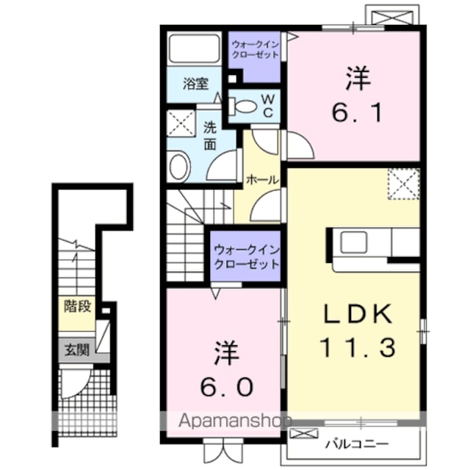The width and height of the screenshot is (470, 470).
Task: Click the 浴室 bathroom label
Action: click(x=195, y=84)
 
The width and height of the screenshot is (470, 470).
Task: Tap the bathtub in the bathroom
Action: click(x=194, y=48)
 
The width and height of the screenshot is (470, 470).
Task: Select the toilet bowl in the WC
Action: click(x=243, y=106)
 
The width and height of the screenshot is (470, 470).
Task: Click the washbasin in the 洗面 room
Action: click(x=180, y=167)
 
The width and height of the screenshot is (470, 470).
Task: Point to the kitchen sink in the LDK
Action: click(x=354, y=242)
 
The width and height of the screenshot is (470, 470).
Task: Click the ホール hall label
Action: click(x=262, y=180)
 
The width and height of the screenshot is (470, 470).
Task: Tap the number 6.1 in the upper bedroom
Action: click(x=358, y=112)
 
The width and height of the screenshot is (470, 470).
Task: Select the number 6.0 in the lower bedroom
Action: click(x=227, y=387)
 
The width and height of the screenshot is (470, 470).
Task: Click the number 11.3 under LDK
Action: click(x=357, y=347)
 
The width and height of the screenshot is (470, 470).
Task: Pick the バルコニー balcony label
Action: click(x=357, y=444)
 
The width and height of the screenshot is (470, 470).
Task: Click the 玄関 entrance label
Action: click(x=77, y=350)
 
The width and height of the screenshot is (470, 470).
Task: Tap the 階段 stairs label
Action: click(x=77, y=306)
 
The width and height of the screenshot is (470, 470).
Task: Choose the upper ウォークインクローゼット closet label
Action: click(x=255, y=50)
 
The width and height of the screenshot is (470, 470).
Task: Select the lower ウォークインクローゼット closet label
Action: click(x=247, y=257)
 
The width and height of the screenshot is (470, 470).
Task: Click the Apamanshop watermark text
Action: click(x=234, y=421)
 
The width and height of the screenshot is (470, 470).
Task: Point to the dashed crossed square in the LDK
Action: click(x=404, y=184)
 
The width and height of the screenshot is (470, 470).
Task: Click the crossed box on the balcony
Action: click(x=304, y=434)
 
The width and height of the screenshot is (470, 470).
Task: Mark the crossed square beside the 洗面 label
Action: click(x=181, y=123)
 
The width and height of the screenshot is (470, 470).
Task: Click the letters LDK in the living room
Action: click(x=357, y=314)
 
